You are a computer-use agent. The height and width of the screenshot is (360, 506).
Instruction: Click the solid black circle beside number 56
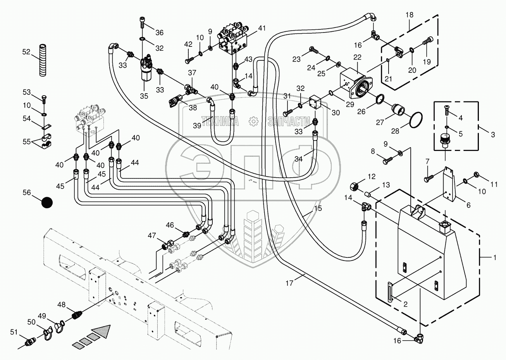tap(47, 202)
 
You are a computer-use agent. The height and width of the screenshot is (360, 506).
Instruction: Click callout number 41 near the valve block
tap(262, 28)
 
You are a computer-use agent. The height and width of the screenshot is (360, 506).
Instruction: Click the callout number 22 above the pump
tap(357, 57)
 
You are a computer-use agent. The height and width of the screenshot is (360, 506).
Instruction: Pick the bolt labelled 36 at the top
tap(143, 24)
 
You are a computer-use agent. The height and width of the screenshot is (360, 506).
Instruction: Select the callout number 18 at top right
tap(410, 15)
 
